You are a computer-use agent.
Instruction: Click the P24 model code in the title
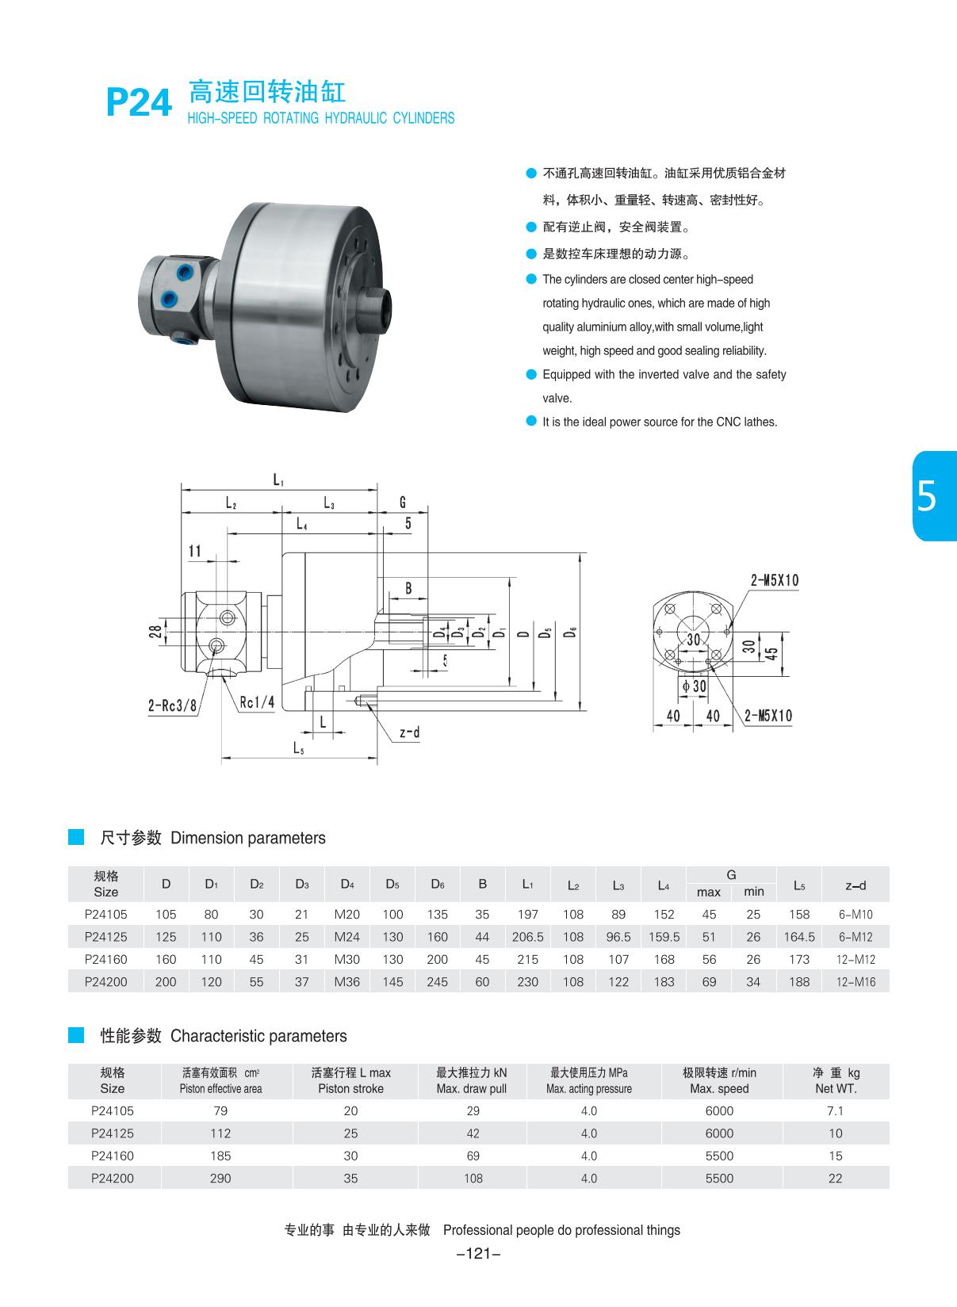click(139, 102)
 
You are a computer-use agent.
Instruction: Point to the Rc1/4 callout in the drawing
click(257, 701)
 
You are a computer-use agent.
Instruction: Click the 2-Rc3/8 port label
click(172, 705)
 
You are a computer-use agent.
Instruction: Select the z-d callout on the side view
click(409, 733)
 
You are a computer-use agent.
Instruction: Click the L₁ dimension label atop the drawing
click(278, 480)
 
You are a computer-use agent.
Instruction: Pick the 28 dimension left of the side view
click(156, 631)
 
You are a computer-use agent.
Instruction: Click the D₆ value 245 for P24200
click(437, 981)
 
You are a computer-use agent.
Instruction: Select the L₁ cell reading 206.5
click(527, 936)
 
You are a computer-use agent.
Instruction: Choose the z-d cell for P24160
click(856, 959)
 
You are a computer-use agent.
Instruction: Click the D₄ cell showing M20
click(346, 914)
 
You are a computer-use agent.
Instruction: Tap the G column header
click(731, 875)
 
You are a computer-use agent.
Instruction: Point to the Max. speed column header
click(719, 1080)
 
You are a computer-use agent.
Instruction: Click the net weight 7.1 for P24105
click(835, 1110)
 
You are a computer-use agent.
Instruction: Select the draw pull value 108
click(473, 1178)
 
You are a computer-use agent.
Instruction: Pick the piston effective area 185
click(220, 1156)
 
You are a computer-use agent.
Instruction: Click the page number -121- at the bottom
click(480, 1253)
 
